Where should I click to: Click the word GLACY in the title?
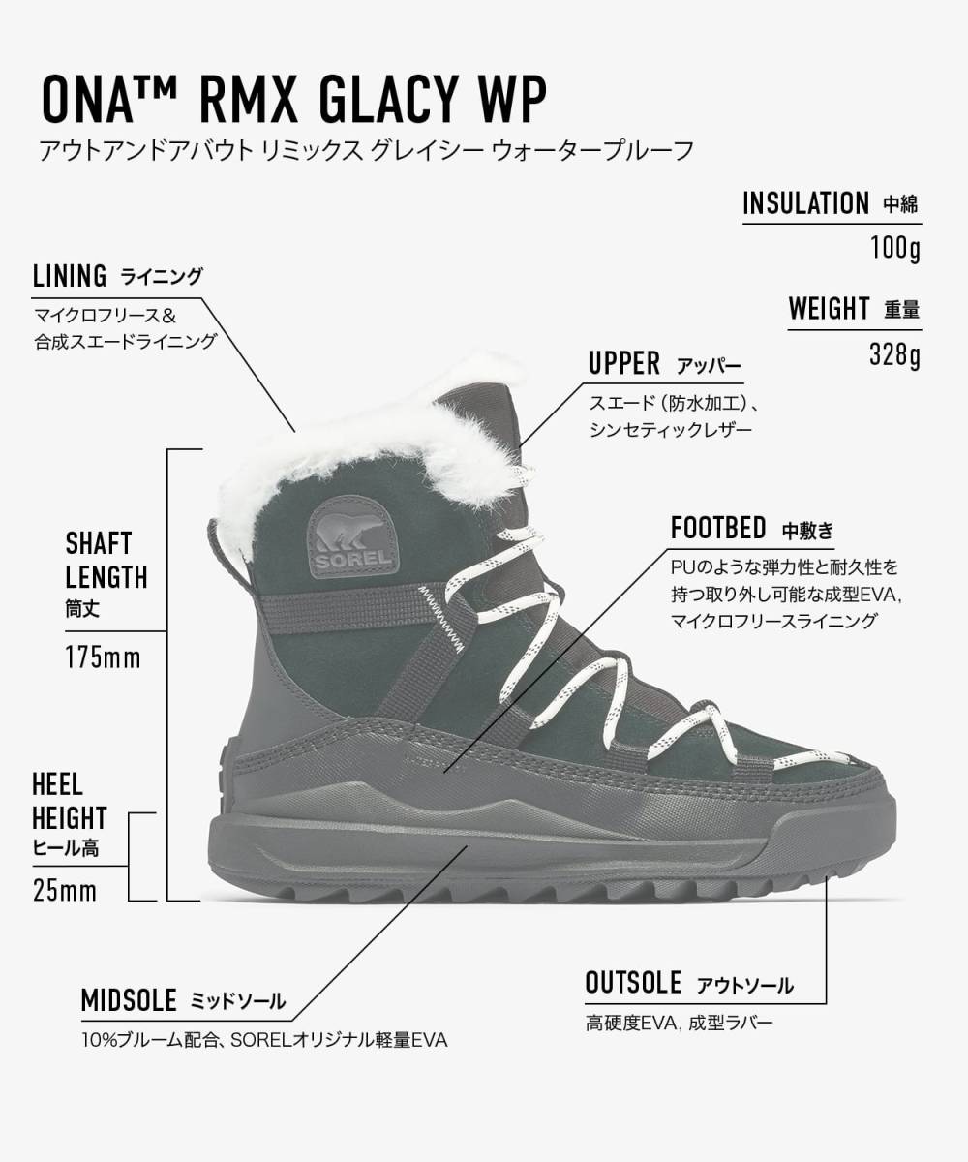387,100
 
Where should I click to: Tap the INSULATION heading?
805,203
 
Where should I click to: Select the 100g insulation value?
895,247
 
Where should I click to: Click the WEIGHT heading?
829,309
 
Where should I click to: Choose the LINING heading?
70,276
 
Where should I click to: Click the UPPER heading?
624,363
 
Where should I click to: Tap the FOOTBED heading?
718,528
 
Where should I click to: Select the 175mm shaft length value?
103,657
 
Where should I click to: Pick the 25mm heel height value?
65,891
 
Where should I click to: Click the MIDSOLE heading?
129,1000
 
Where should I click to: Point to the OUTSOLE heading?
633,982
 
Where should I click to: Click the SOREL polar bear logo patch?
352,537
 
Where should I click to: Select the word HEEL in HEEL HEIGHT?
57,785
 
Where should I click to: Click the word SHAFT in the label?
99,543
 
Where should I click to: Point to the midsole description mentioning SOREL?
264,1040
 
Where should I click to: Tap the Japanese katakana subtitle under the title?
367,151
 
